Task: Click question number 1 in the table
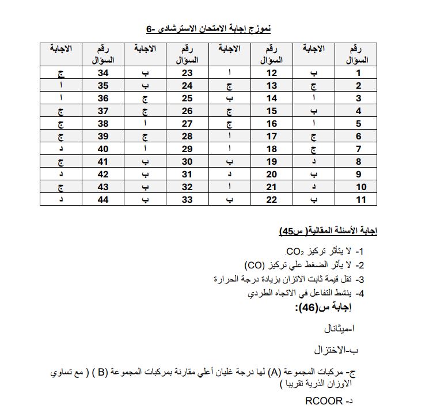click(358, 73)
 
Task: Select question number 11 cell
click(358, 199)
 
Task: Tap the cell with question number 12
click(272, 73)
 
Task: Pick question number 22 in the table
click(272, 199)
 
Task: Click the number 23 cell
click(187, 73)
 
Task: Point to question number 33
click(187, 199)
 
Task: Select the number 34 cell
click(103, 73)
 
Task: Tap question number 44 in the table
click(103, 199)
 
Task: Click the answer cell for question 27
click(145, 123)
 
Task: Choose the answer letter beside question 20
click(229, 174)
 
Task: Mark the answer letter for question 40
click(61, 149)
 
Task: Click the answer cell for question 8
click(314, 161)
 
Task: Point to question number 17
click(272, 136)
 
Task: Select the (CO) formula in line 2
click(254, 266)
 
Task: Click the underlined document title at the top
click(208, 28)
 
